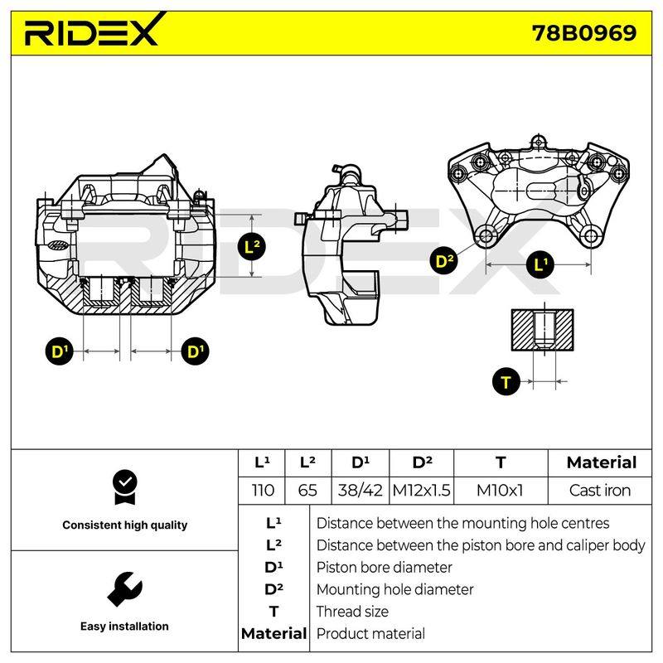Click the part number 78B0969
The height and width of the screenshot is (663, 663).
point(584,33)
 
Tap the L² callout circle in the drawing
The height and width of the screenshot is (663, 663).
point(252,246)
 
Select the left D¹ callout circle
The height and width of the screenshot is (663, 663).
point(59,351)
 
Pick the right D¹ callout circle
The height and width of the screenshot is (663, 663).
point(195,351)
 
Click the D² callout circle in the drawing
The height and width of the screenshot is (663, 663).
point(444,260)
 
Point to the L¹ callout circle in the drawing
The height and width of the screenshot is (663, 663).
point(540,264)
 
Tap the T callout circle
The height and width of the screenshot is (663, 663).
point(506,382)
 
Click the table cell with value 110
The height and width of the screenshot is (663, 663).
point(262,491)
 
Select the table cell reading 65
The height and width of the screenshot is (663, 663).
point(307,491)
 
